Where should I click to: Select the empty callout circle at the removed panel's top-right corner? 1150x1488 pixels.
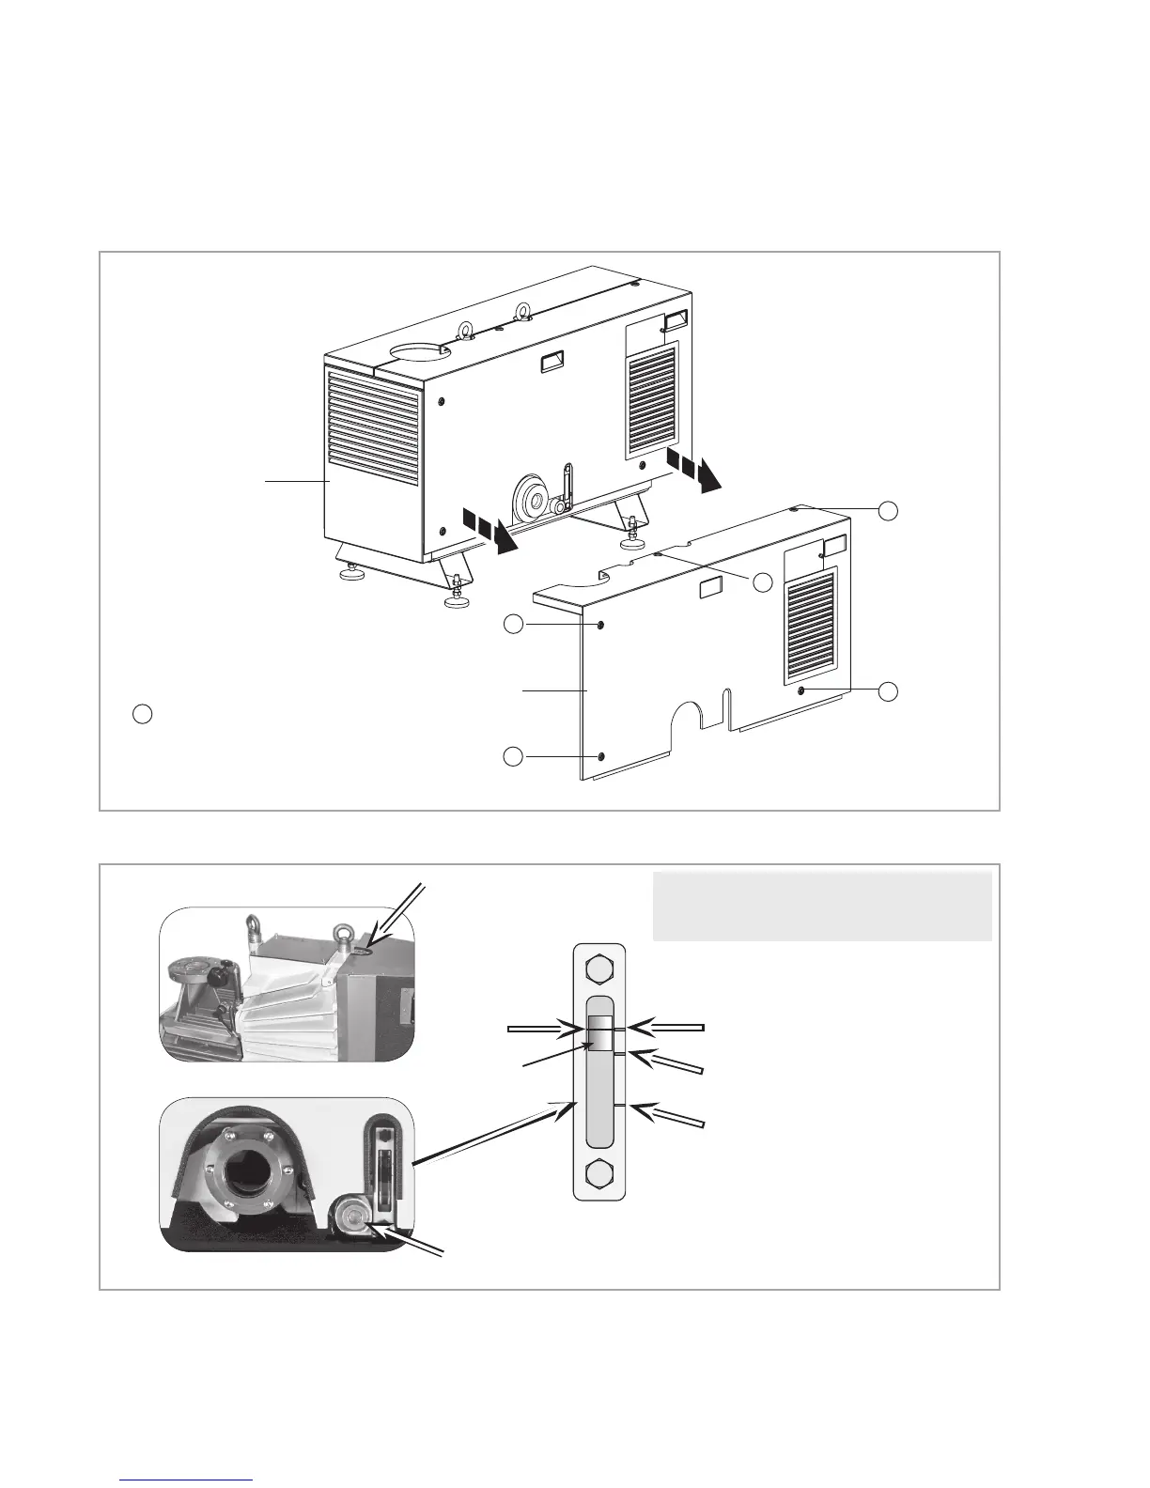pos(888,510)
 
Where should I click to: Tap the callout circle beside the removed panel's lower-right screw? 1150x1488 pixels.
pos(888,692)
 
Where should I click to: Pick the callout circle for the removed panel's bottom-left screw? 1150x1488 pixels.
pos(513,756)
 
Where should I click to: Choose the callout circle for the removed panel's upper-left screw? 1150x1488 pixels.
pos(513,625)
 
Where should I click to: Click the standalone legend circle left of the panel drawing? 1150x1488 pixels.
pos(141,714)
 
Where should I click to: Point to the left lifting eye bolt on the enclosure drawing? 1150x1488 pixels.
pos(464,328)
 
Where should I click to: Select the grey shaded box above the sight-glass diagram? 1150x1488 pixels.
pos(822,906)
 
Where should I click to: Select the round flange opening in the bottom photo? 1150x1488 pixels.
pos(250,1167)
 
